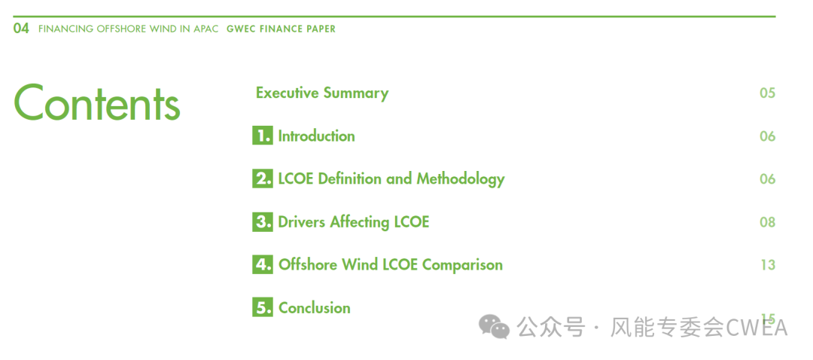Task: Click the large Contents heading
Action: point(97,102)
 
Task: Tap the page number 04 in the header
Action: point(21,29)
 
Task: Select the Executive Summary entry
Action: point(322,93)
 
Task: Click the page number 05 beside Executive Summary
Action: point(767,93)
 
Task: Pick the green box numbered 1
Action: point(263,136)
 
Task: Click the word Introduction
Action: point(317,136)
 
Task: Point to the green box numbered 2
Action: point(263,179)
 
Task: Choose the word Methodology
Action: point(461,179)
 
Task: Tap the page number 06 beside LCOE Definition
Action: point(767,179)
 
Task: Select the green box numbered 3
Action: point(263,222)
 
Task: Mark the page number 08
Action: point(767,222)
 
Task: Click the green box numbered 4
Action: point(263,264)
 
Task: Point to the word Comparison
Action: point(462,265)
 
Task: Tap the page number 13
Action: point(768,264)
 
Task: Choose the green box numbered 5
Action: point(263,307)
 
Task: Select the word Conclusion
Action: point(315,307)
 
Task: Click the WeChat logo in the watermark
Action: point(494,326)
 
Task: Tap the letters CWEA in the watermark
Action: point(757,328)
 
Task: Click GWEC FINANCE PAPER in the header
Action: point(281,29)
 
